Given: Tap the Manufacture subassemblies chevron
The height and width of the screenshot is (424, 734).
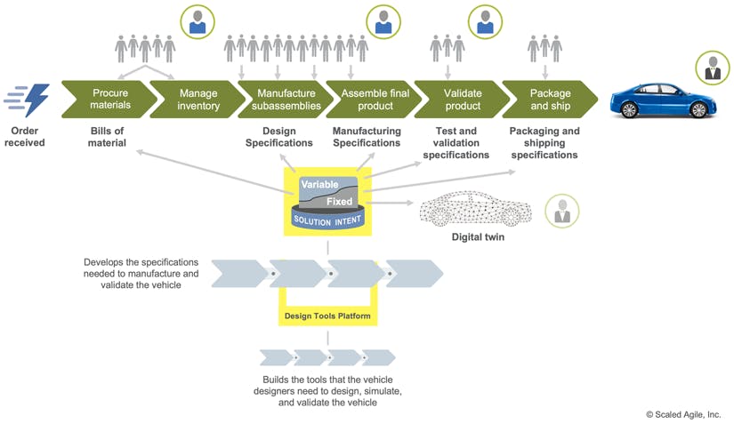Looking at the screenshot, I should tap(286, 99).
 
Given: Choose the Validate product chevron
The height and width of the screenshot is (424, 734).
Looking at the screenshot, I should tap(462, 99).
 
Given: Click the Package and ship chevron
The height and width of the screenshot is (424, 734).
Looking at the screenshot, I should tap(550, 99).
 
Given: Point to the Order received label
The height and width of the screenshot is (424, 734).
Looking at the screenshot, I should tap(24, 137).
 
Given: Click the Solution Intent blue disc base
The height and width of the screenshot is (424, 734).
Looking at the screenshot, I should tap(328, 220).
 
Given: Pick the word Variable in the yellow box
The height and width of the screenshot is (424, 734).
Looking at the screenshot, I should tap(319, 184).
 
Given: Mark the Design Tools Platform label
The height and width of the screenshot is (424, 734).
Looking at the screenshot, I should tap(327, 315).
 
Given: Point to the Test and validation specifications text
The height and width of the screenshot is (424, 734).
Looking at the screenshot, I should tap(456, 143).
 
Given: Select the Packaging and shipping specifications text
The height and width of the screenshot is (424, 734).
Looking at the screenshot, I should tap(544, 143).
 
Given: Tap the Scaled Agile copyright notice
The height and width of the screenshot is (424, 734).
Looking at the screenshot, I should tap(683, 413).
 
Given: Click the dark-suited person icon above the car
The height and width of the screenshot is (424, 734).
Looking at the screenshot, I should tap(713, 68).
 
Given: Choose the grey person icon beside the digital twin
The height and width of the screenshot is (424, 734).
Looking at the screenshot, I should tap(561, 211).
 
